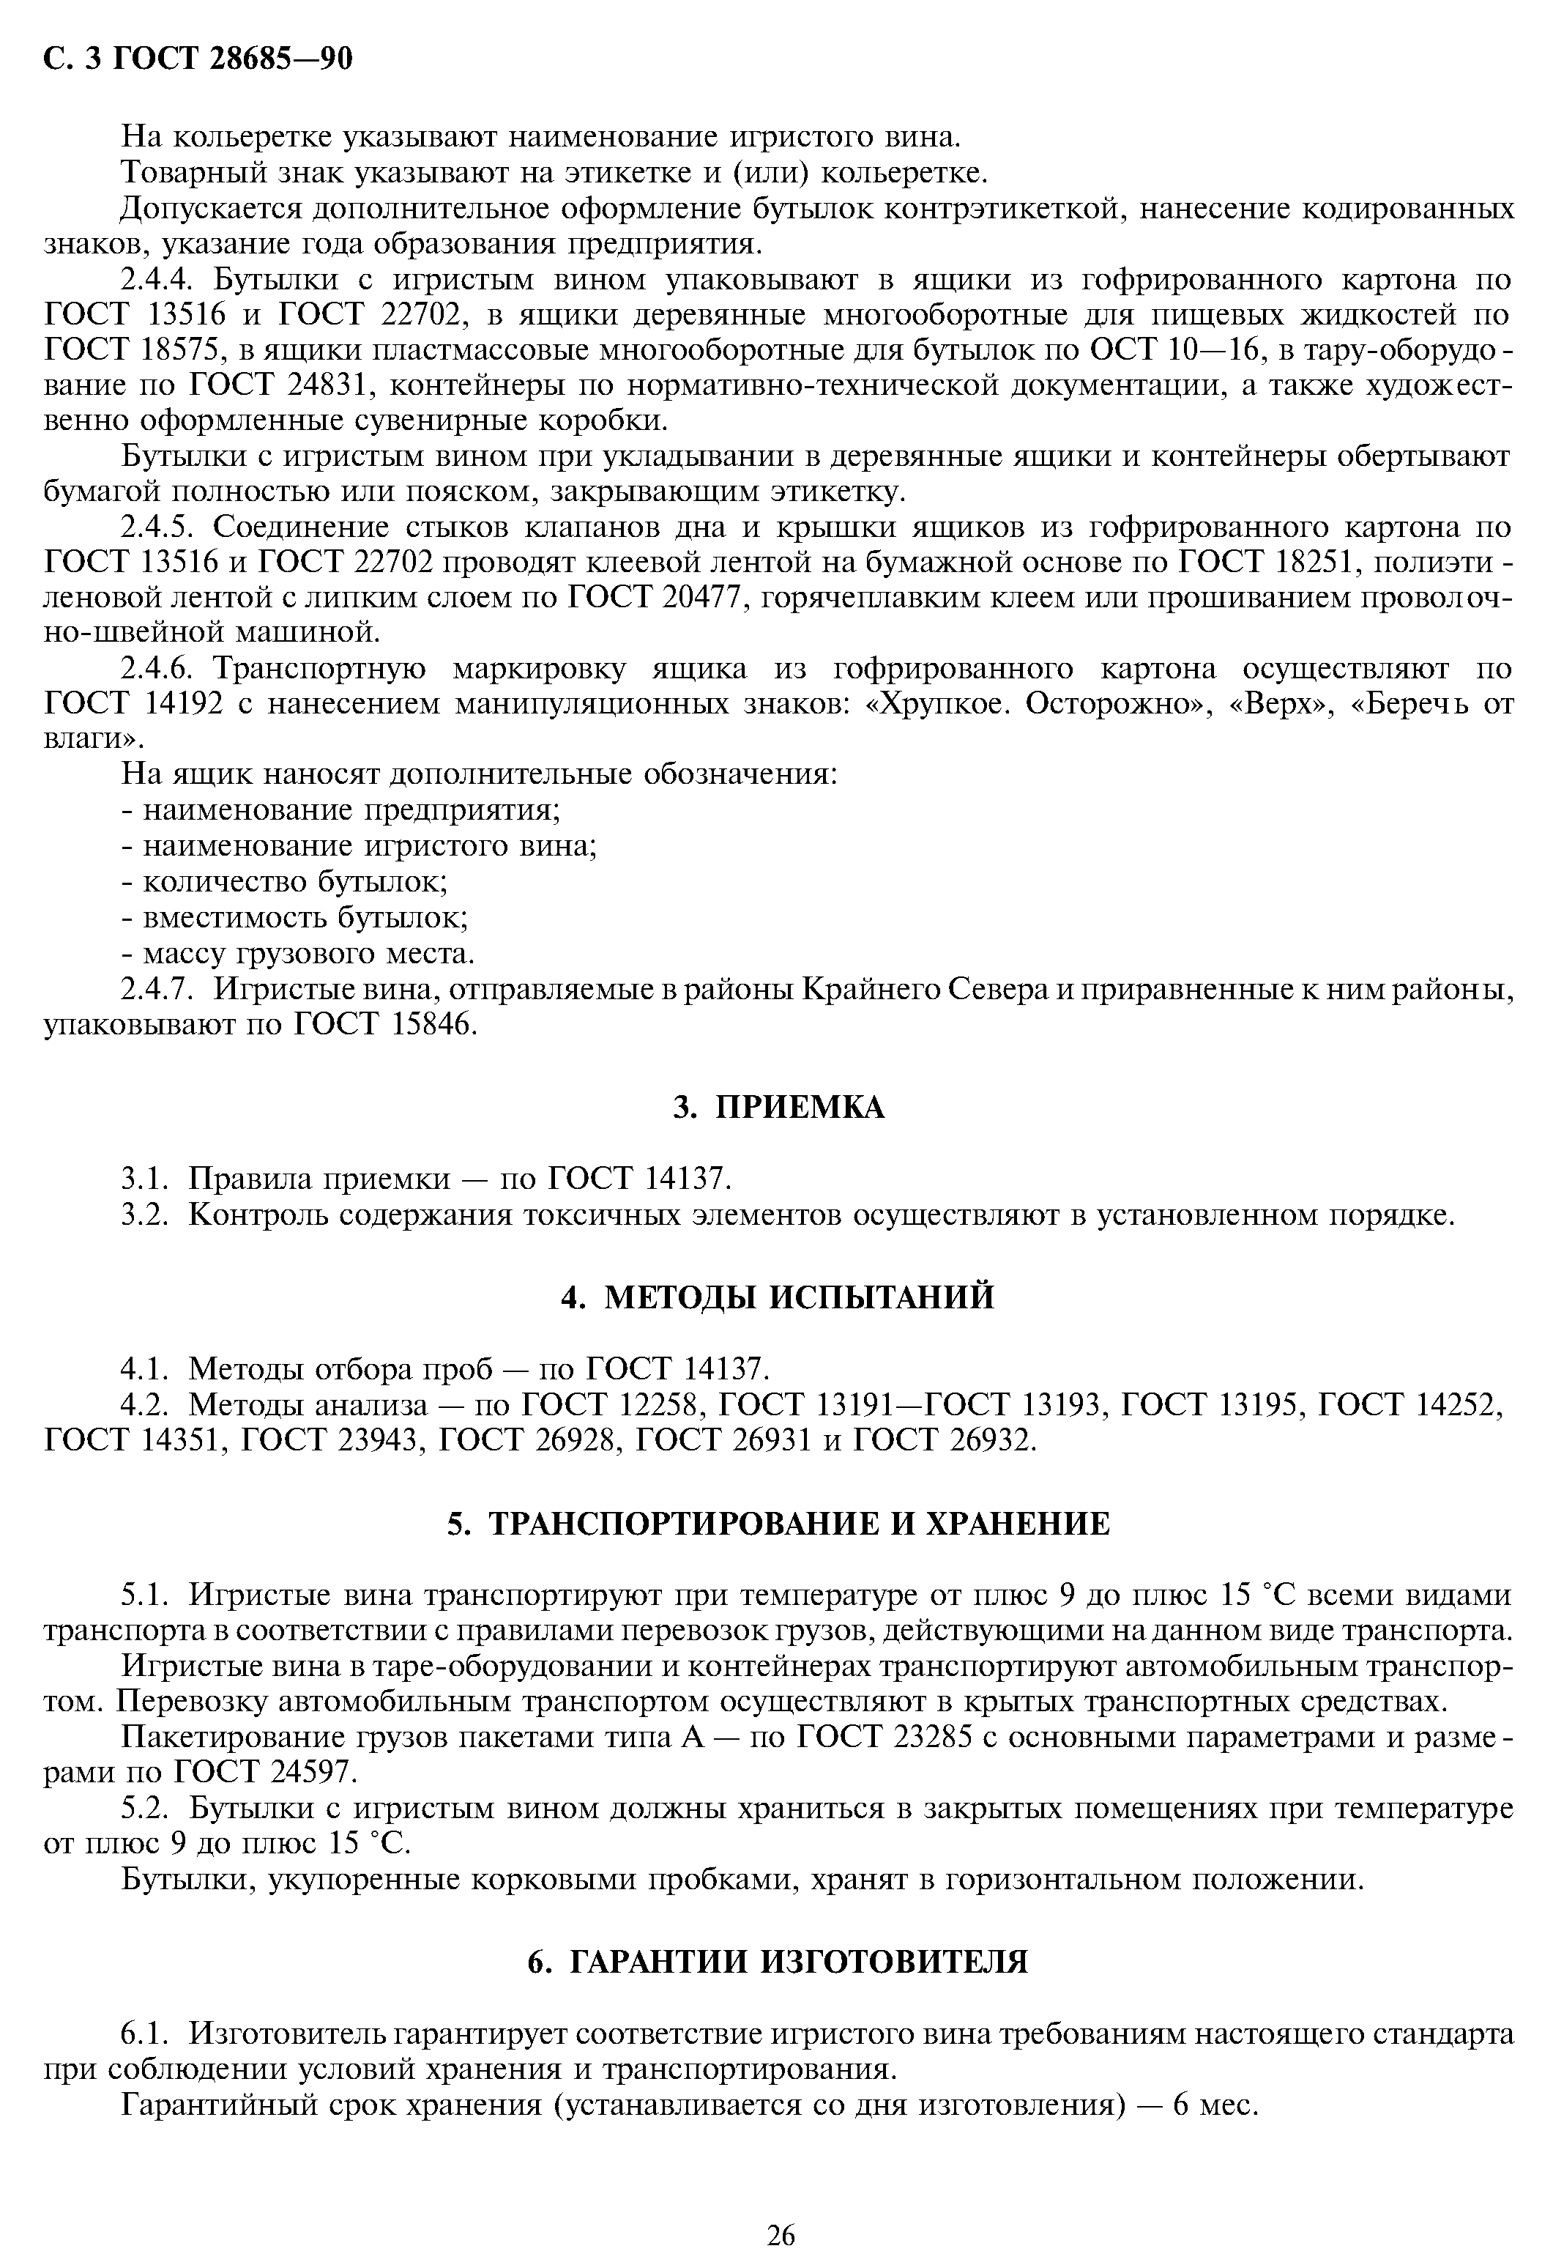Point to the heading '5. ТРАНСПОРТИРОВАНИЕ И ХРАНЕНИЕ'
pos(778,1524)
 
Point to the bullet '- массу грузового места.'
pos(298,952)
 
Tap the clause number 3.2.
pos(144,1215)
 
